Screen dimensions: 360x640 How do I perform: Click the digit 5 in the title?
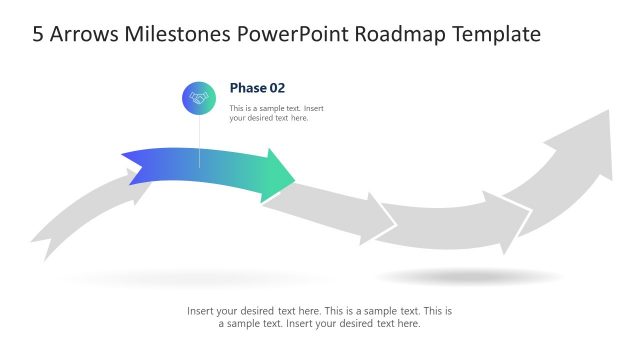(38, 34)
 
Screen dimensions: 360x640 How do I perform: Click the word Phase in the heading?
(249, 88)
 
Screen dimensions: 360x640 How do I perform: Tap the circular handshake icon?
(198, 98)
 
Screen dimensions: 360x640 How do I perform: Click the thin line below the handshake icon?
(199, 140)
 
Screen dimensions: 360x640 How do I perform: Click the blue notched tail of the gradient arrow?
(135, 165)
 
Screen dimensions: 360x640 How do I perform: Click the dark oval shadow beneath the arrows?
(468, 276)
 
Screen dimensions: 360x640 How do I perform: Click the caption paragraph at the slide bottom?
(319, 317)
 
